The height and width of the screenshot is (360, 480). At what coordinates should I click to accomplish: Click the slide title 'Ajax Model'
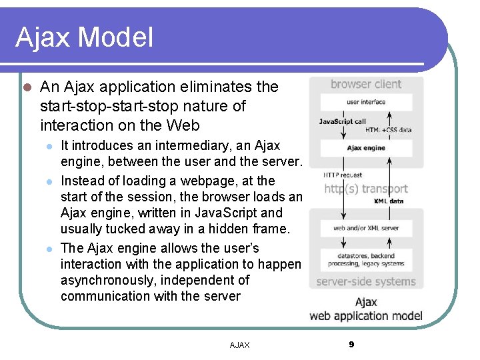[84, 37]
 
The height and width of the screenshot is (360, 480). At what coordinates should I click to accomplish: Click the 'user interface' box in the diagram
[366, 102]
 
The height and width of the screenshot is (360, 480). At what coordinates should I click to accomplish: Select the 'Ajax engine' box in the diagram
[366, 148]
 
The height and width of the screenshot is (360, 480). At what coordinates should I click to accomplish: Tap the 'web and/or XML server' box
[366, 228]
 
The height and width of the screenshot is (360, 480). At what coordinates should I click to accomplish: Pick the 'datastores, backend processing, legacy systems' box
[366, 259]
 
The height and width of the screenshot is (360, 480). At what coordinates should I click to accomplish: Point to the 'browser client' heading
[366, 85]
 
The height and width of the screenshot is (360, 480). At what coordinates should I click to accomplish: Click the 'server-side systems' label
[365, 281]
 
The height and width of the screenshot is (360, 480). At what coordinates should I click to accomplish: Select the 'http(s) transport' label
[365, 189]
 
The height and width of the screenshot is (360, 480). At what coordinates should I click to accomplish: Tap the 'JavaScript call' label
[342, 121]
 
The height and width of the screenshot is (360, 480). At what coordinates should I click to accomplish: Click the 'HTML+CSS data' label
[389, 130]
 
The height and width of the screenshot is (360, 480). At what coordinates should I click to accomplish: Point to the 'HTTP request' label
[343, 175]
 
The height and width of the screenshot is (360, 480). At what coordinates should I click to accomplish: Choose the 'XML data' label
[389, 201]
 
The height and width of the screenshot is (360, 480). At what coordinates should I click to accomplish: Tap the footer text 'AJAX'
[239, 345]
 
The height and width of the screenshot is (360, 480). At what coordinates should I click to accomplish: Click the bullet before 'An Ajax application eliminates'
[26, 87]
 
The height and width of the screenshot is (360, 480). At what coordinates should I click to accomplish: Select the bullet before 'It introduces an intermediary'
[47, 146]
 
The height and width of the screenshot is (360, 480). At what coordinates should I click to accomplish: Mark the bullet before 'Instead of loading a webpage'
[47, 181]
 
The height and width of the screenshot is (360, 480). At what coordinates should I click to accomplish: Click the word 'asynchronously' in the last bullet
[108, 280]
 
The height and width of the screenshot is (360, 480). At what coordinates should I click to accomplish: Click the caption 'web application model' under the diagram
[366, 315]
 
